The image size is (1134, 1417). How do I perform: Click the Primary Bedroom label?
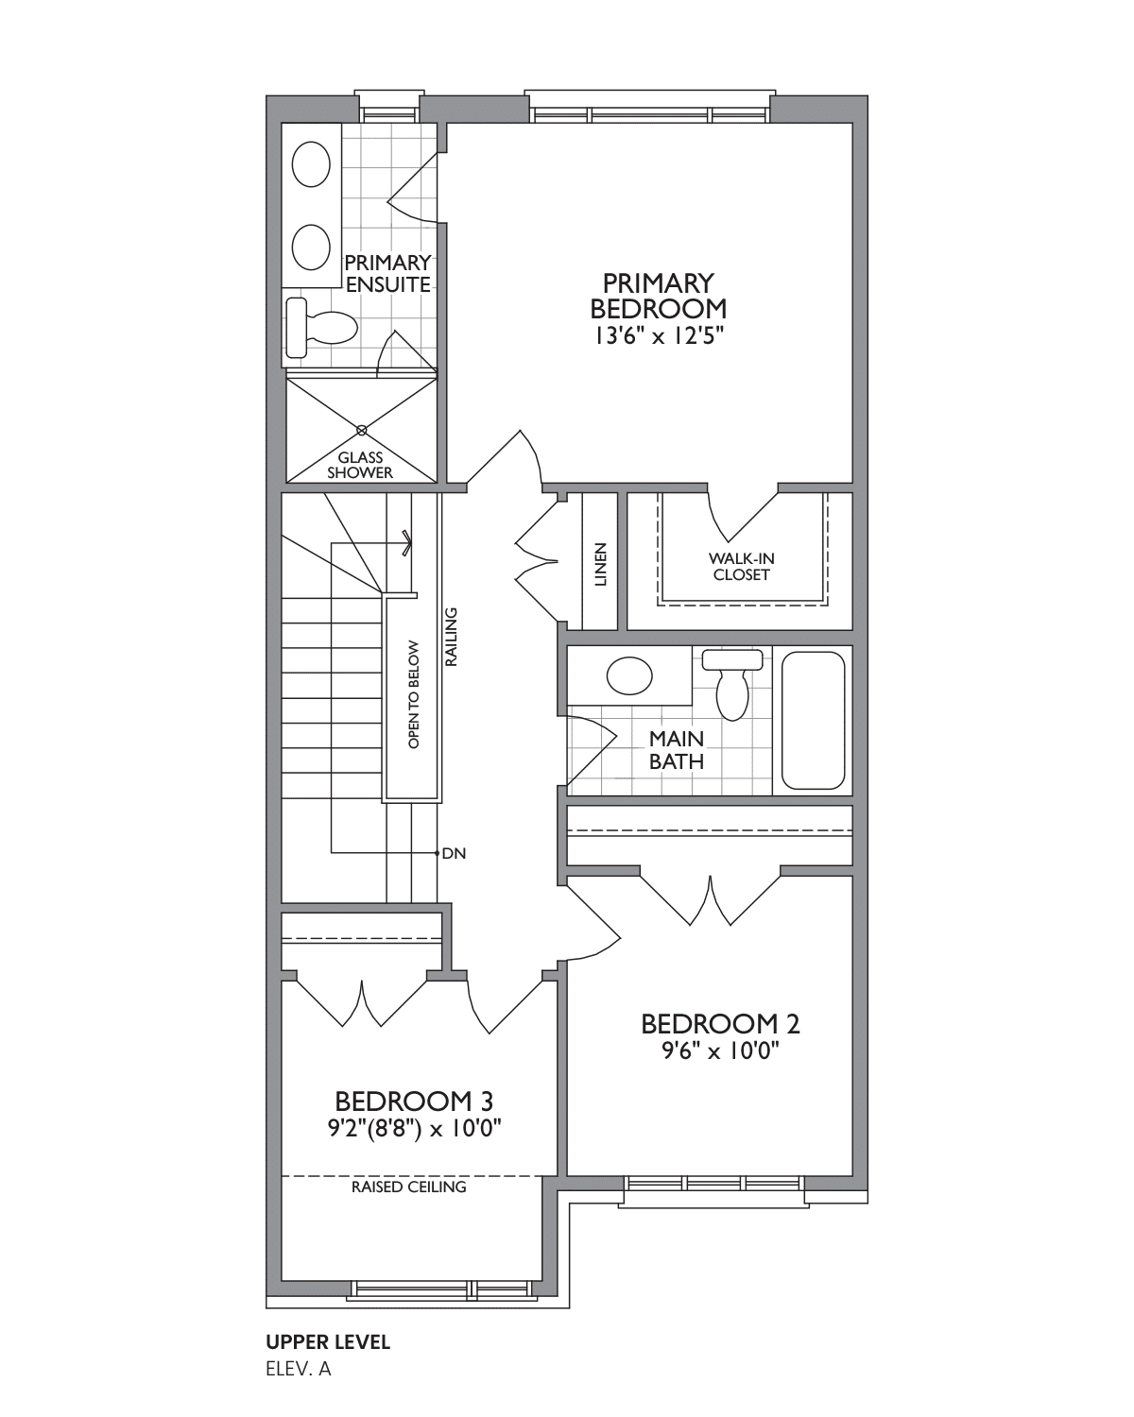[658, 296]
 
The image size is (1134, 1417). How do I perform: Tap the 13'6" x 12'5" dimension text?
[658, 335]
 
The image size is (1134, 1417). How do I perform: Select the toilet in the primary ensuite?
[321, 327]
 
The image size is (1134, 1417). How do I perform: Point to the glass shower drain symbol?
[361, 430]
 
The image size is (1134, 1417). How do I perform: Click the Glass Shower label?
[360, 465]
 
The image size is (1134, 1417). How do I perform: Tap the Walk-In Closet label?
[741, 566]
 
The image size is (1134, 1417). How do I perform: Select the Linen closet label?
[600, 564]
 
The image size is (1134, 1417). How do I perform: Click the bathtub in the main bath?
[813, 721]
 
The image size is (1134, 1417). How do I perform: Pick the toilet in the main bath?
[732, 684]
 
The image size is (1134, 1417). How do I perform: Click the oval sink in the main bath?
[629, 675]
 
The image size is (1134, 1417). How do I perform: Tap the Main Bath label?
[677, 750]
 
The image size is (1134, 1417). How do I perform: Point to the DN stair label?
[454, 853]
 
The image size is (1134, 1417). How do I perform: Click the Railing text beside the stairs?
[452, 637]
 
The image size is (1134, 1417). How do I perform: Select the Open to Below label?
[414, 694]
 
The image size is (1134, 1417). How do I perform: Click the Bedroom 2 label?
[720, 1024]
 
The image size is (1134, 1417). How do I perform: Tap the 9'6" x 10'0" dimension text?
[720, 1051]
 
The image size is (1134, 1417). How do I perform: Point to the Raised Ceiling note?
[408, 1187]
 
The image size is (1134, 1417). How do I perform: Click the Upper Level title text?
[328, 1342]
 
